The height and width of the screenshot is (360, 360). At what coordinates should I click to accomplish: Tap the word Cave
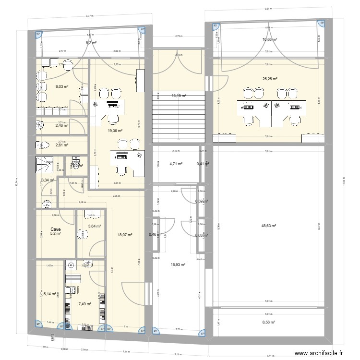pos(56,228)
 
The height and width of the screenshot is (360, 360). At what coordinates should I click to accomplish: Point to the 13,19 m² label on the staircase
pos(179,96)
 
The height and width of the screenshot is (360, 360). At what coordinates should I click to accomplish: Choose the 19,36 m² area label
pos(115,131)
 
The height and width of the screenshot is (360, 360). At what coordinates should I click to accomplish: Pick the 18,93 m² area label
pos(178,264)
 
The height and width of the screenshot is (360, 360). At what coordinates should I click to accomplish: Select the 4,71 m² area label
pos(176,164)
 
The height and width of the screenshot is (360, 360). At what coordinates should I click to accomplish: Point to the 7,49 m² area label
pos(85,304)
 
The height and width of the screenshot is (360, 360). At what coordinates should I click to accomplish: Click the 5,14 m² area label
pos(49,293)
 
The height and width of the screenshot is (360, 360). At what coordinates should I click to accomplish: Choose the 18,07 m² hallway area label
pos(125,235)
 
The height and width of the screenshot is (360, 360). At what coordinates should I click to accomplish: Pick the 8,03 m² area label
pos(62,87)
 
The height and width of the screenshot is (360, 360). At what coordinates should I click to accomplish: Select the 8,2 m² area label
pos(91,43)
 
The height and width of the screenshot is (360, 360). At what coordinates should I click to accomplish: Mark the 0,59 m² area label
pos(202,202)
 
